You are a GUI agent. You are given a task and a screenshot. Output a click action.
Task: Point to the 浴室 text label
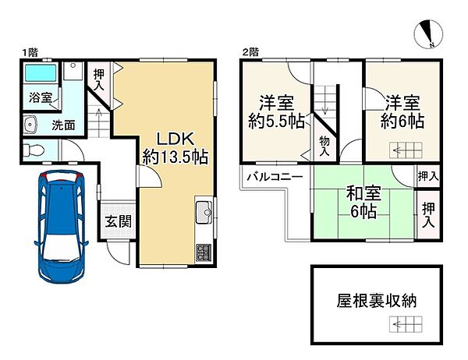(x=41, y=98)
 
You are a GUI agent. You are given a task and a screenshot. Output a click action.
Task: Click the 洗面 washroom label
(x=64, y=124)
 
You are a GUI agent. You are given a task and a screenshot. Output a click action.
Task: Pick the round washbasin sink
(x=32, y=124)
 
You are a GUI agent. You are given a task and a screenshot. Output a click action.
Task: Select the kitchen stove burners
(x=204, y=254)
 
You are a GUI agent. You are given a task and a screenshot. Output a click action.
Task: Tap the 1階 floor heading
(x=30, y=52)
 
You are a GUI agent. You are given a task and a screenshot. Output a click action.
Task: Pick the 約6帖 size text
(x=402, y=122)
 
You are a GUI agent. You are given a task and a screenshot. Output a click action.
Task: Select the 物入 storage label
(x=324, y=145)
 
